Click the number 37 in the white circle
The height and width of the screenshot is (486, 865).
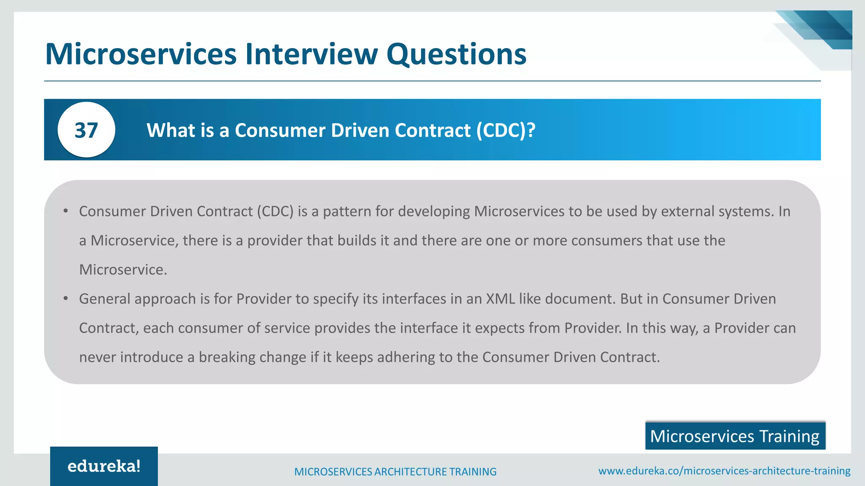pyautogui.click(x=86, y=130)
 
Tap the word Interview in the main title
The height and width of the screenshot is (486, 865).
pyautogui.click(x=311, y=54)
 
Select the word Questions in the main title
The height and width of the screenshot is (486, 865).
pyautogui.click(x=456, y=55)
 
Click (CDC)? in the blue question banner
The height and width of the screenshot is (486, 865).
pyautogui.click(x=506, y=130)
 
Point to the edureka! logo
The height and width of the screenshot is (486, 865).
pyautogui.click(x=104, y=466)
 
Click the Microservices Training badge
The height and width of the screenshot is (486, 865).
pyautogui.click(x=735, y=436)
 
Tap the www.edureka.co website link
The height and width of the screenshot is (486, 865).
pyautogui.click(x=724, y=471)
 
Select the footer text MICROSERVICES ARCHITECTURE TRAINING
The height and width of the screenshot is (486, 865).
pyautogui.click(x=395, y=472)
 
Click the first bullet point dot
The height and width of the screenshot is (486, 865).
pyautogui.click(x=65, y=211)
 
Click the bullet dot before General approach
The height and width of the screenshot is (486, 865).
pyautogui.click(x=65, y=299)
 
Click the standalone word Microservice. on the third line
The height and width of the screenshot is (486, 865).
pyautogui.click(x=123, y=270)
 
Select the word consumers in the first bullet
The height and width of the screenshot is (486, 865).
pyautogui.click(x=607, y=240)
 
